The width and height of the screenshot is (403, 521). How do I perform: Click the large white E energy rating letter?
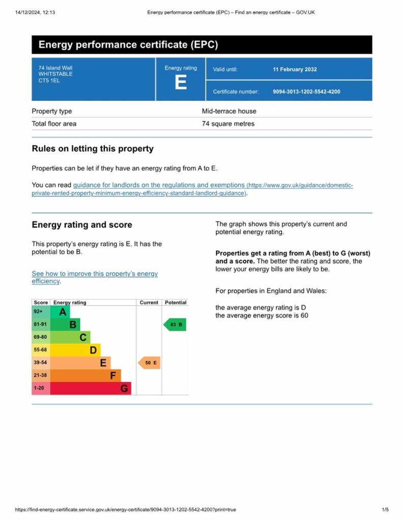pos(181,82)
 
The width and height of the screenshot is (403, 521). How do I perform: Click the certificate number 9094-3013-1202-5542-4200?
pos(306,92)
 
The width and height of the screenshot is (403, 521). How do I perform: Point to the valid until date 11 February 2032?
pos(295,69)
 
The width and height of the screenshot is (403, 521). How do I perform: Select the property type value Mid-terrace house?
pos(229,111)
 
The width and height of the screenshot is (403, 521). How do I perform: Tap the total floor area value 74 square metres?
pos(228,124)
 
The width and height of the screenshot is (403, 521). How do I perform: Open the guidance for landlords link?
pos(159,185)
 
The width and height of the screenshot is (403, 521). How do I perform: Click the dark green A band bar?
pos(60,312)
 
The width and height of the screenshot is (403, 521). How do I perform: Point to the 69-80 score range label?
pos(40,337)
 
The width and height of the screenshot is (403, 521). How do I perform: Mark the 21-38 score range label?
pos(40,375)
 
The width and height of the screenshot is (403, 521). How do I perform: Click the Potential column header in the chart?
pos(176,302)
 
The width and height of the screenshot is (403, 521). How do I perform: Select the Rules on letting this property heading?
pos(93,149)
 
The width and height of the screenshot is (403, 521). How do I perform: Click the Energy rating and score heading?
pos(82,225)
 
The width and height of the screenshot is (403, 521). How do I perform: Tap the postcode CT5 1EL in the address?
pos(49,80)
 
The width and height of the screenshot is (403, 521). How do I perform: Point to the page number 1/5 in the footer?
pos(385,509)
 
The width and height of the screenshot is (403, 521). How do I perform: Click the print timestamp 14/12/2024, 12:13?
pos(35,12)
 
